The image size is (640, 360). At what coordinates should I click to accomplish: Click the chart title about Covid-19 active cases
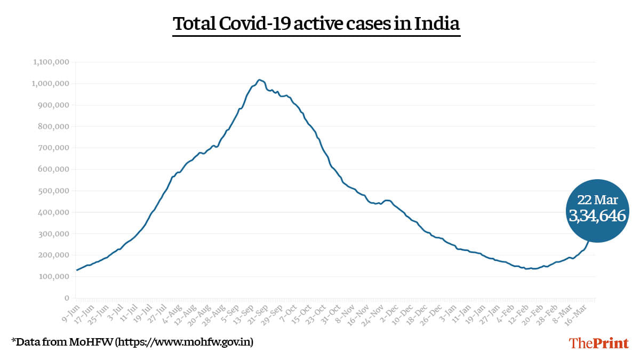(316, 24)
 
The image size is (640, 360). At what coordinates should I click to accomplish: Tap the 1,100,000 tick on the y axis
(52, 62)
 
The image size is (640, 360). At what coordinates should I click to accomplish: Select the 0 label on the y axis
(67, 298)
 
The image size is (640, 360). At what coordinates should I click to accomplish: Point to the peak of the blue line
(259, 80)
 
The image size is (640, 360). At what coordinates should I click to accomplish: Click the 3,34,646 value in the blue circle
(597, 215)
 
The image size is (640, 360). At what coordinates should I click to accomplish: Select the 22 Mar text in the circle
(597, 201)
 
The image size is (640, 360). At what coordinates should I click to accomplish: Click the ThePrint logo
(599, 343)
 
